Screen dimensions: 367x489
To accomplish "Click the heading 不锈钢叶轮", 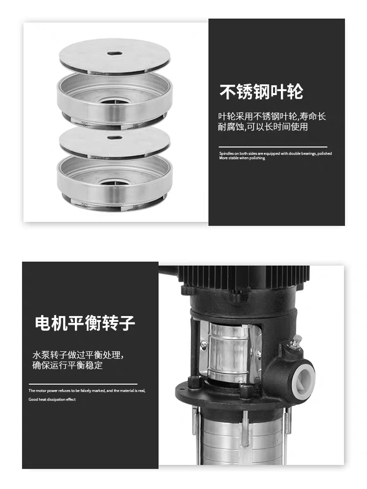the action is [261, 91].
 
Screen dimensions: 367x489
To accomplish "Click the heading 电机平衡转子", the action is [85, 323].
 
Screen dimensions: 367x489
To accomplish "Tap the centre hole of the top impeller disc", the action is [114, 53].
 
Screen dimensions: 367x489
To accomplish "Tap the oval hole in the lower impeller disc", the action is [114, 136].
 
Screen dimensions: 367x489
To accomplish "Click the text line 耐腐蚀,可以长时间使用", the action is [262, 127].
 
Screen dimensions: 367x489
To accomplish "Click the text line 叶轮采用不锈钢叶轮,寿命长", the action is [272, 116].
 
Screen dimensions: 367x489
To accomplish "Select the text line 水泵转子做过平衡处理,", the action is [78, 355].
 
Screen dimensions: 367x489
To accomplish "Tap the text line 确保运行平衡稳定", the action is [67, 365].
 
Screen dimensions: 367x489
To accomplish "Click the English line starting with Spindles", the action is [275, 153].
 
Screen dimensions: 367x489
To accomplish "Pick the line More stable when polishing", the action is [242, 158].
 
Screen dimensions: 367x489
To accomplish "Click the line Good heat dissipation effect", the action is [52, 399].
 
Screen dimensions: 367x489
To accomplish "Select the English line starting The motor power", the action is [87, 391].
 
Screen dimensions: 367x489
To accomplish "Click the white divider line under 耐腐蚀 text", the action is [273, 146].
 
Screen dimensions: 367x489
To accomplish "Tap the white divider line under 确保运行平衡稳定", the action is [83, 384].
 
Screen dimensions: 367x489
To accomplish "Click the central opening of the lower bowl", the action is [114, 184].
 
